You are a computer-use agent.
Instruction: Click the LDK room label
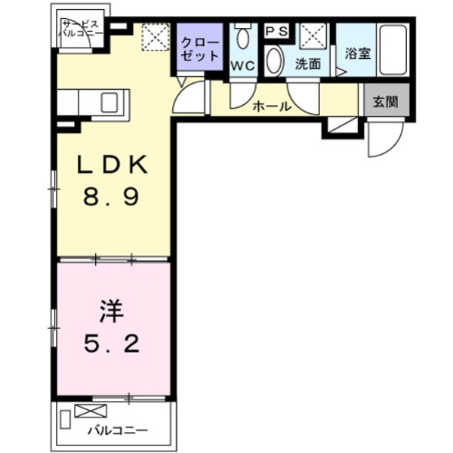point(114,165)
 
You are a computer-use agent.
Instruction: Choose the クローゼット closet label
point(201,48)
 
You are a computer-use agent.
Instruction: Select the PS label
point(276,30)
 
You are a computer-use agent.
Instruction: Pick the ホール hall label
point(271,107)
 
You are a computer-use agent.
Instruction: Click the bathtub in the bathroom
point(393,50)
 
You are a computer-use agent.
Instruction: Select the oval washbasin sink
point(275,61)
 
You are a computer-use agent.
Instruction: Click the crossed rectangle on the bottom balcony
point(91,411)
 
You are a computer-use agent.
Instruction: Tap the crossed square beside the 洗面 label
point(312,35)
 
